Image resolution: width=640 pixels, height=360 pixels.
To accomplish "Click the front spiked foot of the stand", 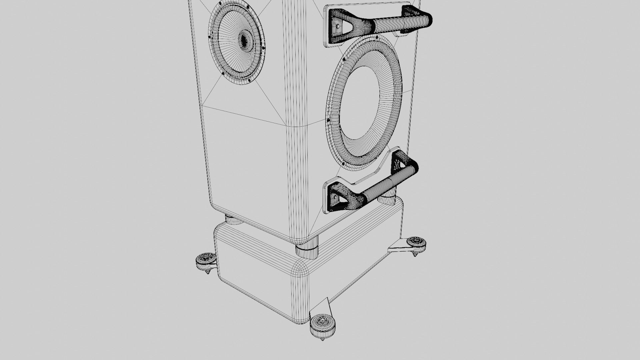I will point(323,325).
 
